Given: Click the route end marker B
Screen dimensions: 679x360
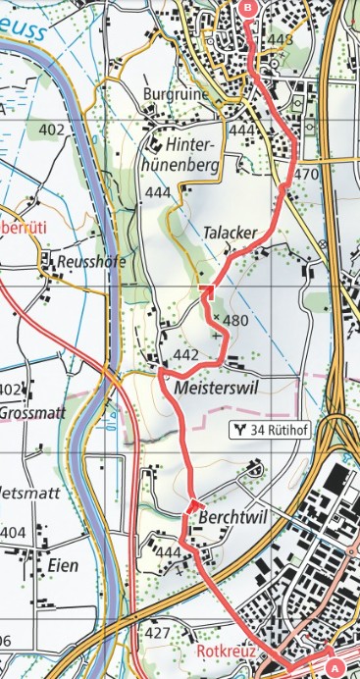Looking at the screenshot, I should click(247, 9).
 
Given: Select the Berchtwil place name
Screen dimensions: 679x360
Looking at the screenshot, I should click(231, 514).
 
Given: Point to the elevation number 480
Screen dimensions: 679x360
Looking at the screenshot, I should click(236, 321).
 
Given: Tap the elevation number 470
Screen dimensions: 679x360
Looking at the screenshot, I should click(307, 174).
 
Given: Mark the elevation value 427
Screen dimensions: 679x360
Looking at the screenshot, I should click(158, 633).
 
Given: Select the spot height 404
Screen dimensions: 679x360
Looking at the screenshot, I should click(13, 532).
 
